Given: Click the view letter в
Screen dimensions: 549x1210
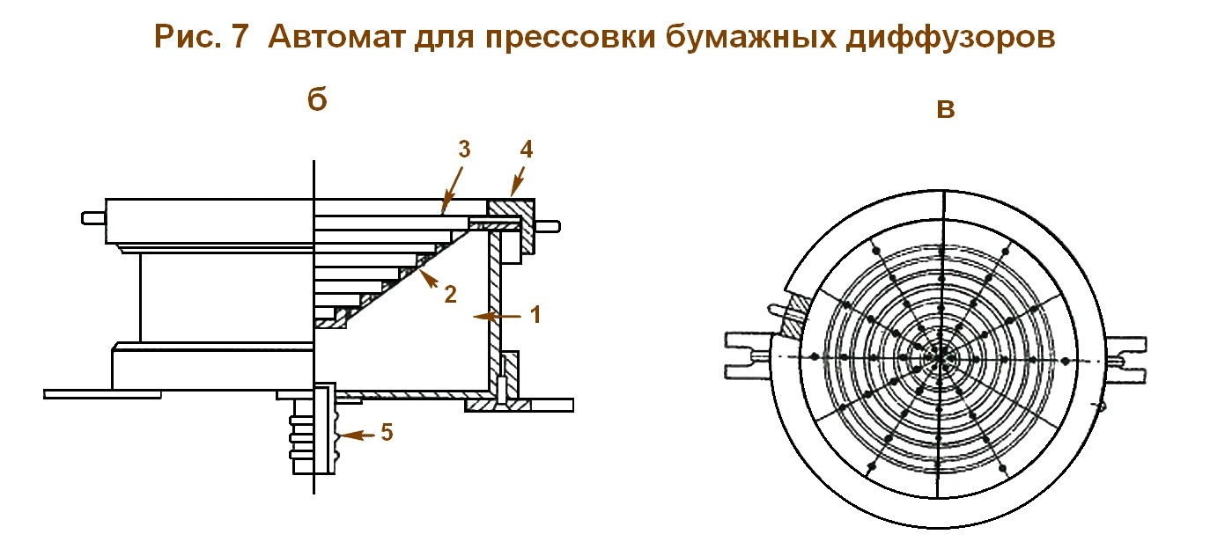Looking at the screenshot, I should (946, 109).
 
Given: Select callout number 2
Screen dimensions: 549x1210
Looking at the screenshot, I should (450, 294).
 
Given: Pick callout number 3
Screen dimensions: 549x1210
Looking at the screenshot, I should (464, 149).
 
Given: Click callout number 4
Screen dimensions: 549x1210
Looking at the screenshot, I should (526, 150).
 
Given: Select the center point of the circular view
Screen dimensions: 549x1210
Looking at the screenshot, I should (942, 356).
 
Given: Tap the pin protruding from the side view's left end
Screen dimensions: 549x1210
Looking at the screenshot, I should (92, 216).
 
